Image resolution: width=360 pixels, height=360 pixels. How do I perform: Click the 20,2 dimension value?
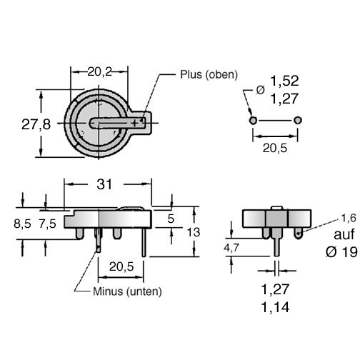tap(100, 71)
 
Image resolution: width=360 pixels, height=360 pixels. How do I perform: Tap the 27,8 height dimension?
tap(36, 124)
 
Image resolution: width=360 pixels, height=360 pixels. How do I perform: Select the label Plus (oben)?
tap(209, 74)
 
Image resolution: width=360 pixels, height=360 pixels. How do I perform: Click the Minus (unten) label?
tap(127, 291)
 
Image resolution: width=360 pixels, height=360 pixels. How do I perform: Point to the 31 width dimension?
tap(104, 184)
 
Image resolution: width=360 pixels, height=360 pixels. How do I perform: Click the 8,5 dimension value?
tap(22, 224)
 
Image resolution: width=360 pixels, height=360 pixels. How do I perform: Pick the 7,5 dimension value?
tap(48, 224)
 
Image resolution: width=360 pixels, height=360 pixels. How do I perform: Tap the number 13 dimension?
tap(194, 232)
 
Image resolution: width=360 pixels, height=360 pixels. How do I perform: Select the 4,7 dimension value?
tap(231, 248)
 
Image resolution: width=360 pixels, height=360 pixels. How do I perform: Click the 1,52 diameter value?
tap(284, 81)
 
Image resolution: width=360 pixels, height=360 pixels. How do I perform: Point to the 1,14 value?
tap(275, 307)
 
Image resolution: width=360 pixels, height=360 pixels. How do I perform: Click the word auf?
tap(344, 234)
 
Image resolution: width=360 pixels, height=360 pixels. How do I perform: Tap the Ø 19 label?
tap(341, 251)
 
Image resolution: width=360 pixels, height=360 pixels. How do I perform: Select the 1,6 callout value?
tap(349, 218)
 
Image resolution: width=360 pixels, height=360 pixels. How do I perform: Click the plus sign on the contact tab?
tap(135, 123)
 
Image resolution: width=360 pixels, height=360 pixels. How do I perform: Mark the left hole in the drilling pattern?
tap(253, 121)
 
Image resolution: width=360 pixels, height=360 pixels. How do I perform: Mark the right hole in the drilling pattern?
tap(298, 121)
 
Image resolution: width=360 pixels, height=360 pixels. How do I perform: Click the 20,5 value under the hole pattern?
tap(275, 149)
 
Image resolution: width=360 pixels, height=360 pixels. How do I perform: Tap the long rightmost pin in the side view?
tap(144, 243)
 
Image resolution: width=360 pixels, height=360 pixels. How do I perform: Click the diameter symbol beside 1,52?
tap(260, 90)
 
